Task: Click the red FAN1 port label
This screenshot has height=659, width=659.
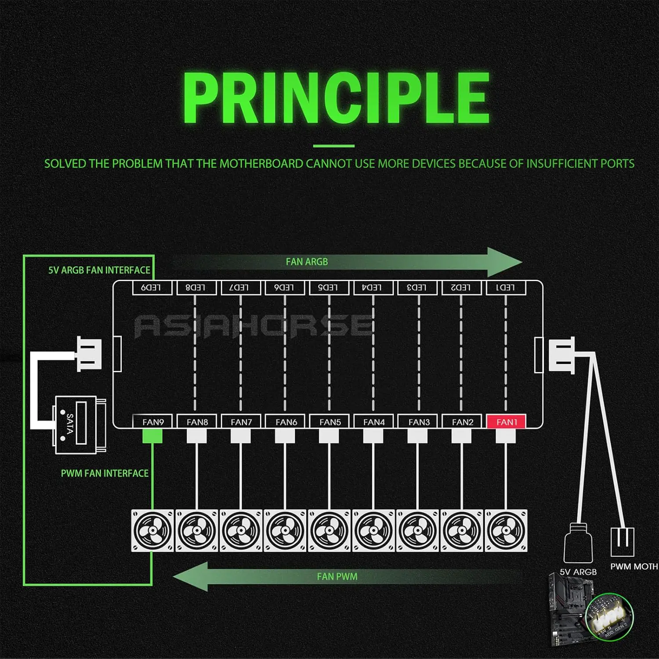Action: (507, 422)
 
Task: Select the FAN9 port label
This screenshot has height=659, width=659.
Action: (153, 422)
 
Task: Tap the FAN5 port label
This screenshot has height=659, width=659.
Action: (330, 422)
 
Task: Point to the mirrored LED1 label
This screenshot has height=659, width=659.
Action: (505, 287)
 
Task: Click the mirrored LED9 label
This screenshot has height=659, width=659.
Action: (151, 287)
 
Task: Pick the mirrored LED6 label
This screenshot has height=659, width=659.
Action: (284, 287)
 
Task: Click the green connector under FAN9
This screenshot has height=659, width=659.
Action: (152, 436)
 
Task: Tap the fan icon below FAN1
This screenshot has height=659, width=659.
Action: (506, 530)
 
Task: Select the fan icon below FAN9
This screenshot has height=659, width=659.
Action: (152, 530)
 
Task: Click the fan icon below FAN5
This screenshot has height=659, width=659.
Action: (329, 530)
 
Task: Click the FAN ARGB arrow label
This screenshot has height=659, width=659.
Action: (307, 262)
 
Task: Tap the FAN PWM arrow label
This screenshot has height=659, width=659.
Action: (337, 576)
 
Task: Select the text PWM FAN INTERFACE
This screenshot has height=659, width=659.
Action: (105, 473)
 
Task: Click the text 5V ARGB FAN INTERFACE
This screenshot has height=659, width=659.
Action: (99, 270)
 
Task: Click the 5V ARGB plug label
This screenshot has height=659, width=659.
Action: (578, 572)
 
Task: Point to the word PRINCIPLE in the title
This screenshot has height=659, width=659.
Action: (336, 98)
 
